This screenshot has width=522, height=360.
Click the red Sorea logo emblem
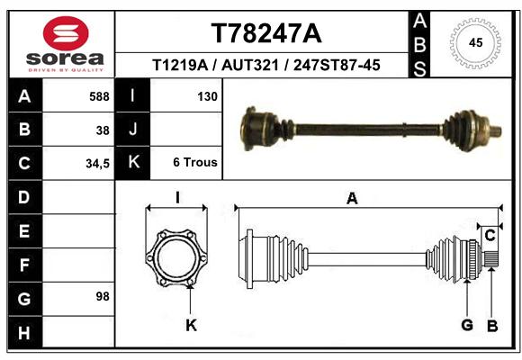coord(66,33)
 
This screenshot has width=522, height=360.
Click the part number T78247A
coord(266,33)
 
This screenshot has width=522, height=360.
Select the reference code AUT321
coord(250,65)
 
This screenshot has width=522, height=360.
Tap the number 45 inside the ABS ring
coord(475,42)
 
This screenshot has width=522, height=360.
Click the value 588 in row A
coord(99,96)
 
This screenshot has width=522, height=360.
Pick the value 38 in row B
coord(103,130)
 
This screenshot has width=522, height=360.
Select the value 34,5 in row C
coord(97,164)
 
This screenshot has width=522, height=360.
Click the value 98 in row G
coord(103,296)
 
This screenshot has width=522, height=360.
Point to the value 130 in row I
coord(207,96)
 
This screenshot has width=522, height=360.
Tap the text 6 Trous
coord(195,162)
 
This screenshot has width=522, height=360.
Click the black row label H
coord(25,332)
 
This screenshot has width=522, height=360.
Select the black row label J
coord(132,129)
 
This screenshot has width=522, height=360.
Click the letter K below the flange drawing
coord(191,325)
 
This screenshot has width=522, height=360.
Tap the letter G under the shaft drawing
coord(467,325)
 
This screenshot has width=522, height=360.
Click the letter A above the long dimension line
coord(352,199)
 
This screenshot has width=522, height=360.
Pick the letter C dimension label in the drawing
coord(490,236)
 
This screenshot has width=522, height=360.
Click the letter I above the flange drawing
coord(177,198)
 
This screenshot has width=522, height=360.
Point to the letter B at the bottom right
coord(492,326)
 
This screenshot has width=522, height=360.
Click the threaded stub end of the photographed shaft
coord(496,130)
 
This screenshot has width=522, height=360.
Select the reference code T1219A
coord(180,65)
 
